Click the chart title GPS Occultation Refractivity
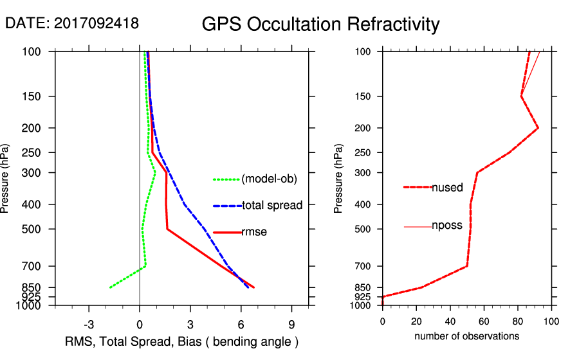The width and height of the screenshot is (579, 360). click(x=320, y=24)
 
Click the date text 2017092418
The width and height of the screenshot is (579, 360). click(x=96, y=23)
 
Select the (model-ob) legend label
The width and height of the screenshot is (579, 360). click(x=269, y=179)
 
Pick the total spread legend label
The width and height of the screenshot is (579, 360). click(x=272, y=206)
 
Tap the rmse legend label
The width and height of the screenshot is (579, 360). click(x=254, y=232)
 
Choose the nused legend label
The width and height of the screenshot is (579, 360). click(x=447, y=188)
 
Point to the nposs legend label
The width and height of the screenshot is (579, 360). click(x=447, y=226)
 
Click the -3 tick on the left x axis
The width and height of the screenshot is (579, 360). click(x=89, y=323)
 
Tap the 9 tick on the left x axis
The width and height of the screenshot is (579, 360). click(x=291, y=323)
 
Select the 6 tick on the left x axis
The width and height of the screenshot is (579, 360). click(x=241, y=323)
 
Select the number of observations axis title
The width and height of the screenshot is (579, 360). click(x=466, y=336)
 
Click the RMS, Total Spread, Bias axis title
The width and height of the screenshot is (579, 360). click(x=182, y=341)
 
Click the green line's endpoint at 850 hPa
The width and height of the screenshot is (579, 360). click(x=110, y=287)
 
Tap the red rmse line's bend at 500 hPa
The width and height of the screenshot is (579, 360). click(x=167, y=229)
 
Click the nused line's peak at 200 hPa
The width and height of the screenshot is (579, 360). click(x=538, y=128)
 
